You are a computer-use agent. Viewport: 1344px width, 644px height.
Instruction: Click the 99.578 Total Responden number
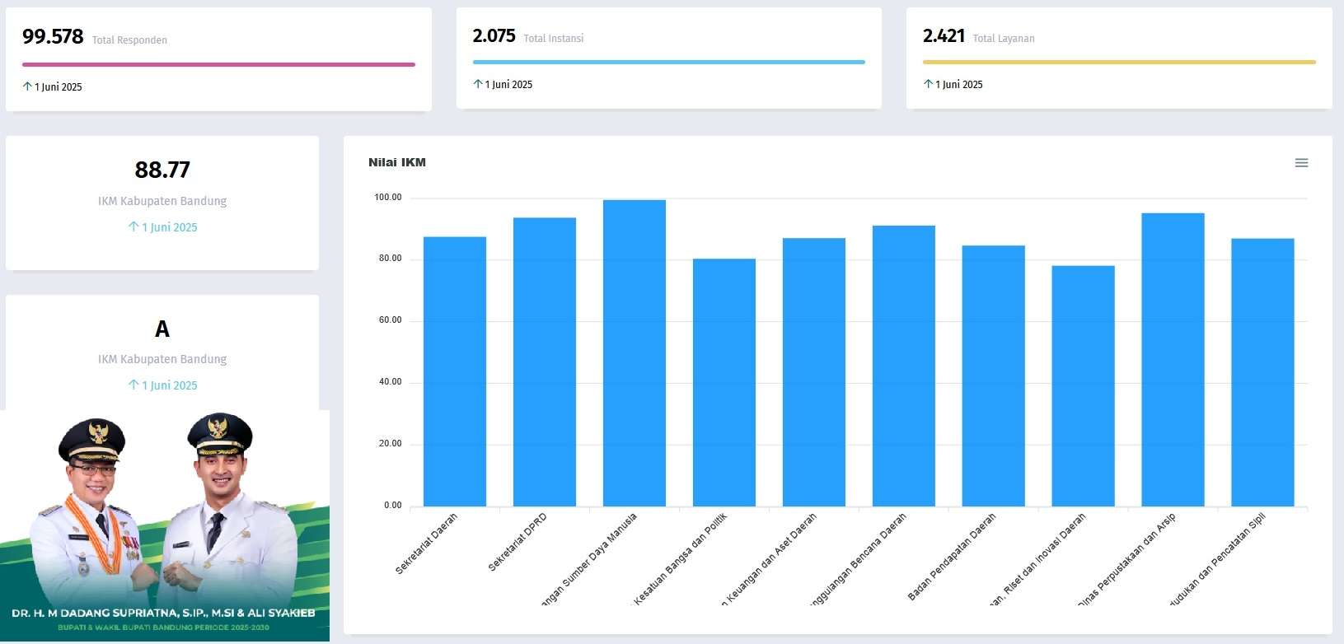[53, 37]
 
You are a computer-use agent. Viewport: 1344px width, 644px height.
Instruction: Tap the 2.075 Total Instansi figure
[494, 36]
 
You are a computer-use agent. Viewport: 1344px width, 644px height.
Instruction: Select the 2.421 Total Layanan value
[944, 36]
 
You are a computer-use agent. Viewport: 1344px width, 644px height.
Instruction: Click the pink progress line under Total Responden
[218, 64]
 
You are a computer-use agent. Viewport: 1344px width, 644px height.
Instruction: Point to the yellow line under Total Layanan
[1119, 62]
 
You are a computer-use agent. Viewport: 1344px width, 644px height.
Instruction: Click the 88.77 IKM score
[162, 170]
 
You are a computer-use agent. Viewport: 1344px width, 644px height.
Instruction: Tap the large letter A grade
[162, 329]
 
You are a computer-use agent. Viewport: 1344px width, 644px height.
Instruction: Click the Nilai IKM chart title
[397, 162]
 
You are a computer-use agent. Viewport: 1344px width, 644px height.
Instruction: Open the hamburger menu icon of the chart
[1301, 163]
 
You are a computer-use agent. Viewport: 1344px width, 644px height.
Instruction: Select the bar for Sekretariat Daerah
[455, 371]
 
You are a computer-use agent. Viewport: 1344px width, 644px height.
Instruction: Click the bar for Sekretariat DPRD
[545, 362]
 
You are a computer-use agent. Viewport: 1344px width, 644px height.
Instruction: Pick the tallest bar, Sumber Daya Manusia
[635, 354]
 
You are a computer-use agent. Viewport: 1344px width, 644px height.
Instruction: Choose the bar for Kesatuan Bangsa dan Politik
[724, 383]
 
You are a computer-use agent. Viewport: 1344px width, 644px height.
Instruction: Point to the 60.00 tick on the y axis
[391, 320]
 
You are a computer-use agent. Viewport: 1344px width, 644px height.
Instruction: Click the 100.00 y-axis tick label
[388, 198]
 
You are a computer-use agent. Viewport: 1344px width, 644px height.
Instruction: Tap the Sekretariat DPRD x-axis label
[517, 542]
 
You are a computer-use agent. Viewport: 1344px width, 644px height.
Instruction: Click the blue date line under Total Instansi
[668, 62]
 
